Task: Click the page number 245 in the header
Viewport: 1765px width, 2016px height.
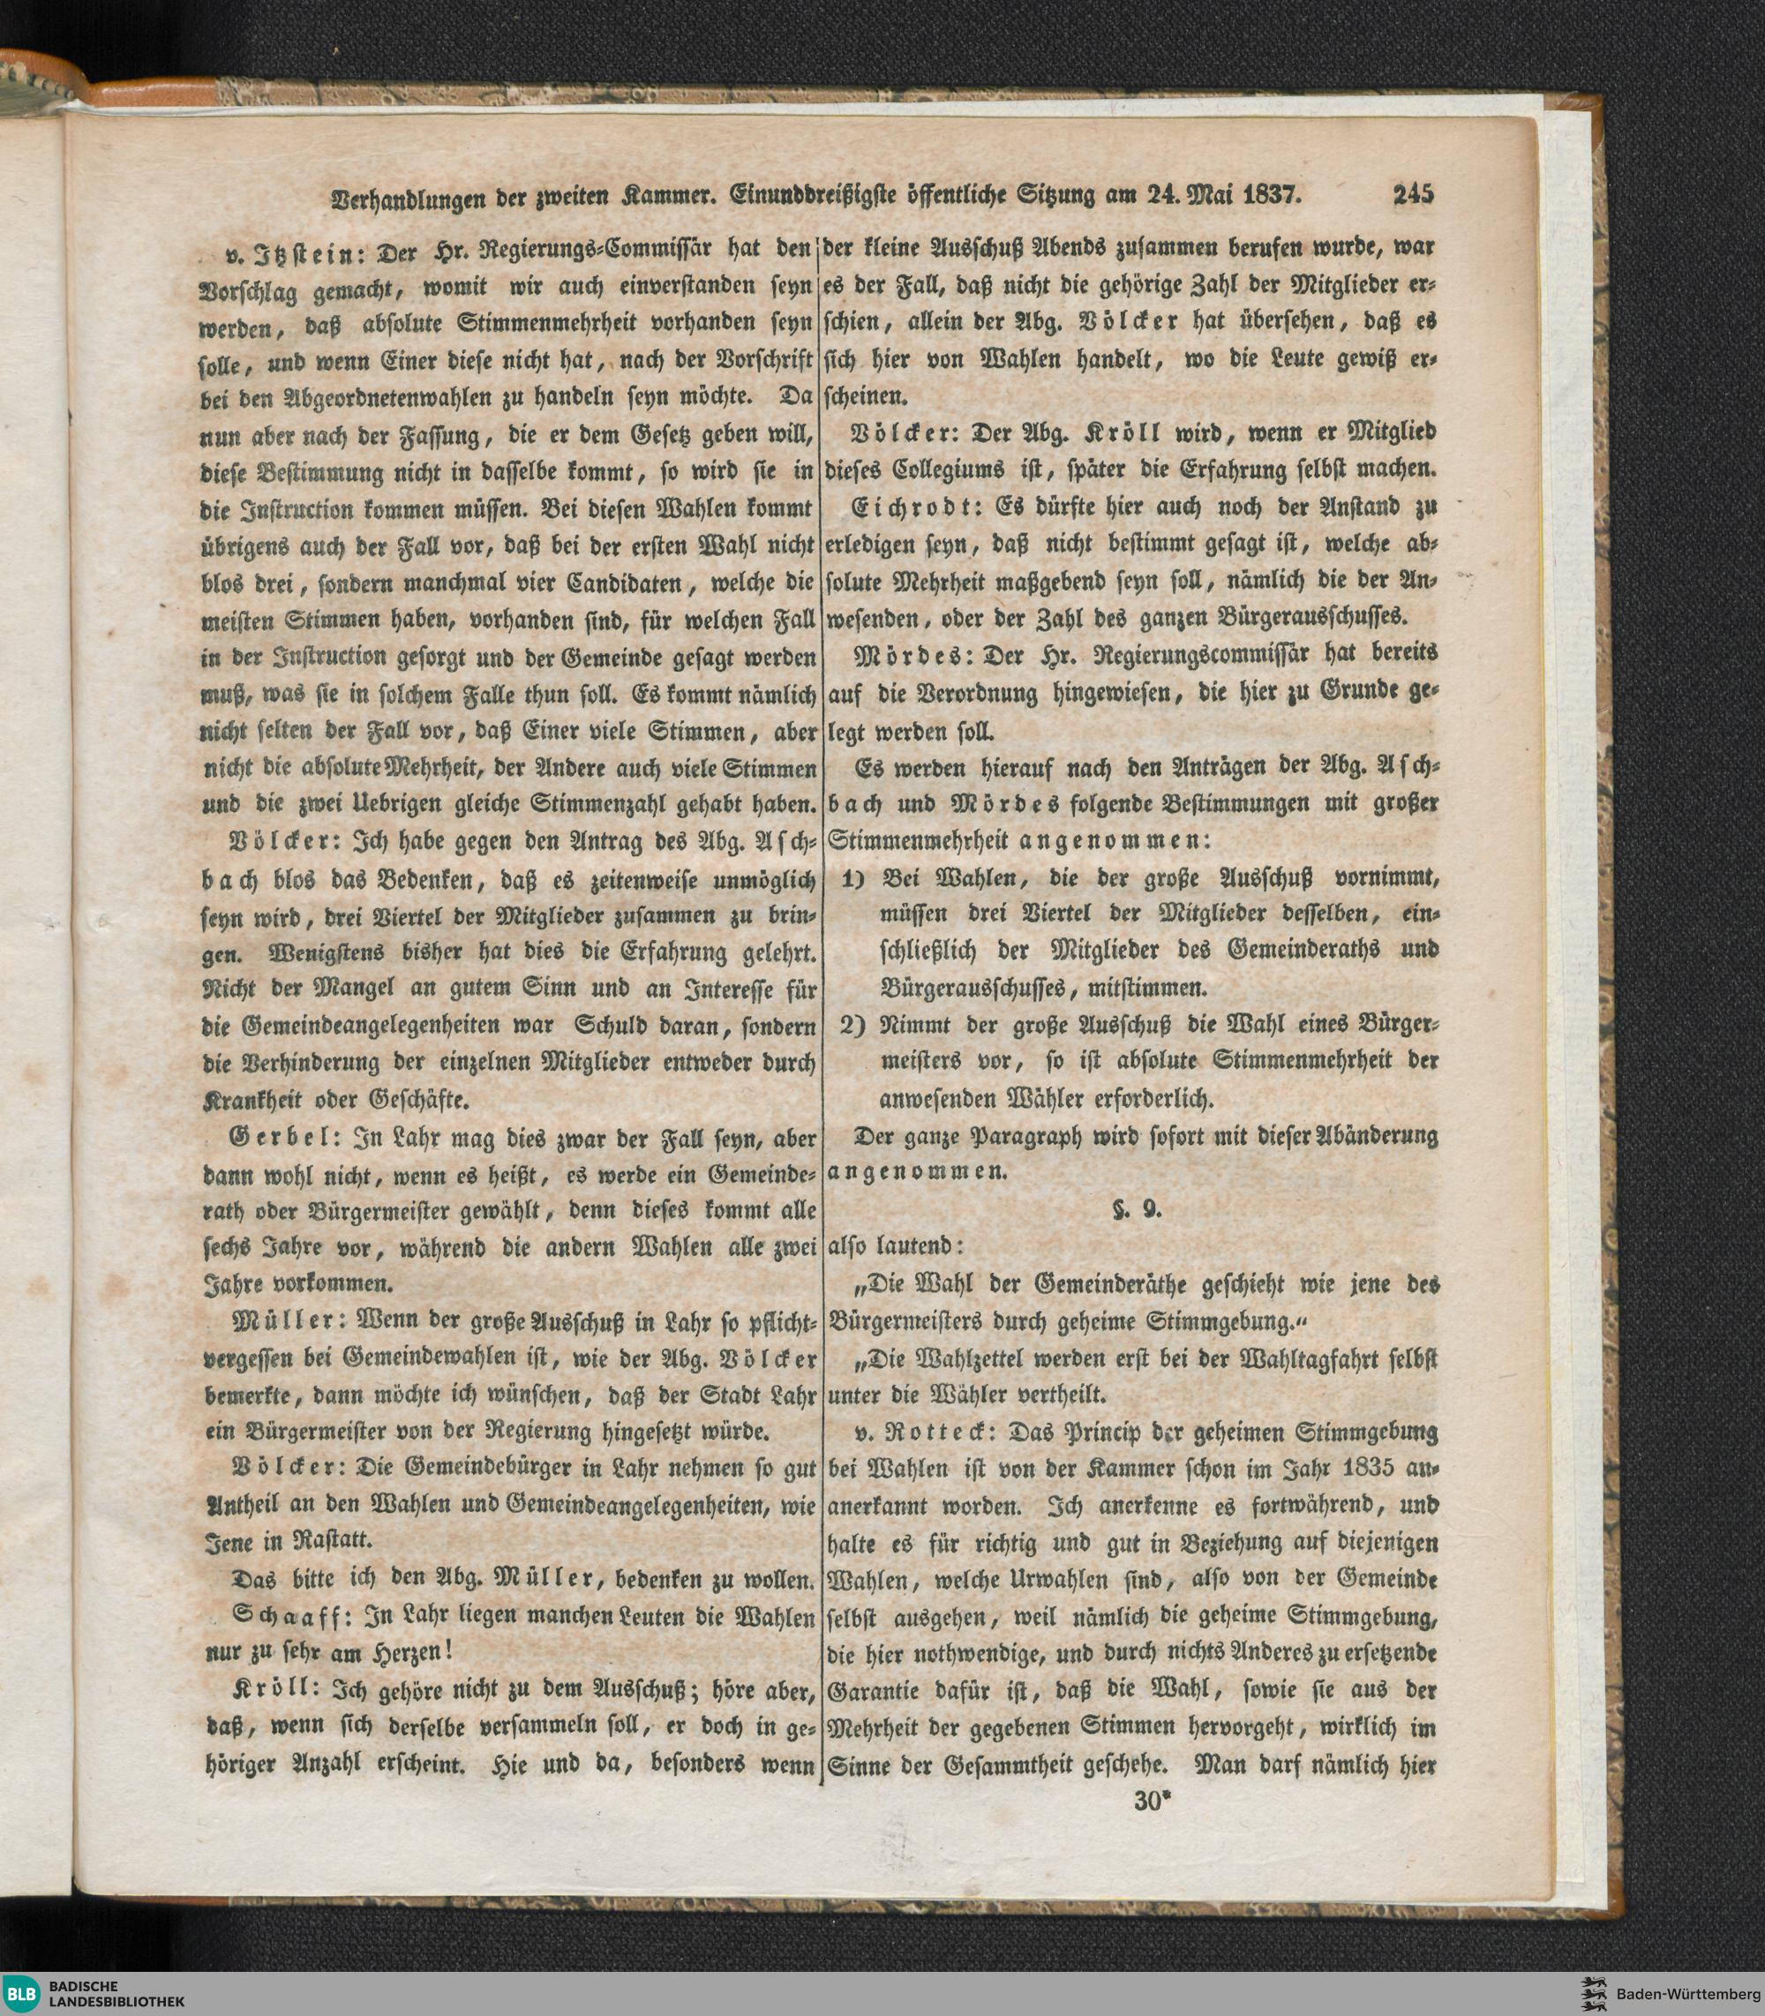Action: tap(1414, 194)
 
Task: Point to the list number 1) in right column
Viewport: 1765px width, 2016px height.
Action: tap(853, 877)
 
